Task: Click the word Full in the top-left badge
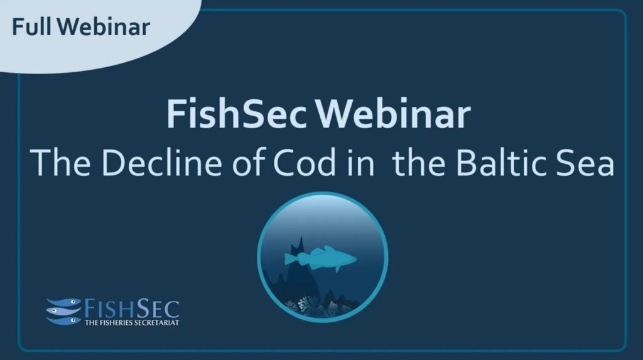click(32, 27)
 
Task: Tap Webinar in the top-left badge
click(104, 27)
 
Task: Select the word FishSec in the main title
click(237, 114)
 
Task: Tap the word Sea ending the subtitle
click(586, 163)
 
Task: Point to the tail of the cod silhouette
click(291, 259)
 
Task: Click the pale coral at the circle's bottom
click(306, 306)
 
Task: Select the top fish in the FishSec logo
click(65, 303)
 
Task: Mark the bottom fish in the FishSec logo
click(65, 320)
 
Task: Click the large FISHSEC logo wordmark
click(132, 308)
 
